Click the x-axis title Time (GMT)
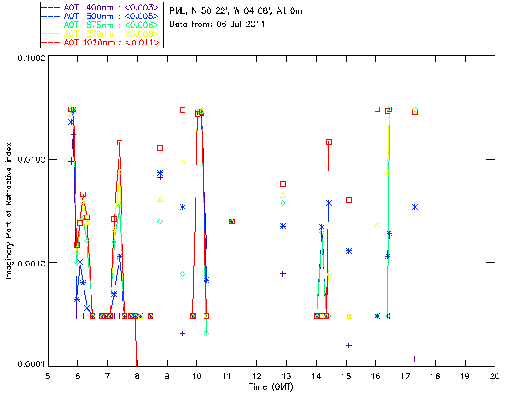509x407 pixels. (270, 386)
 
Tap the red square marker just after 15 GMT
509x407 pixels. (348, 200)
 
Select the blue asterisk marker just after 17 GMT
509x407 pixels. (414, 207)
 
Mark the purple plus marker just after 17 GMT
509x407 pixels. (414, 359)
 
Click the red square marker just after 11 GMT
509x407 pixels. (231, 221)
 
